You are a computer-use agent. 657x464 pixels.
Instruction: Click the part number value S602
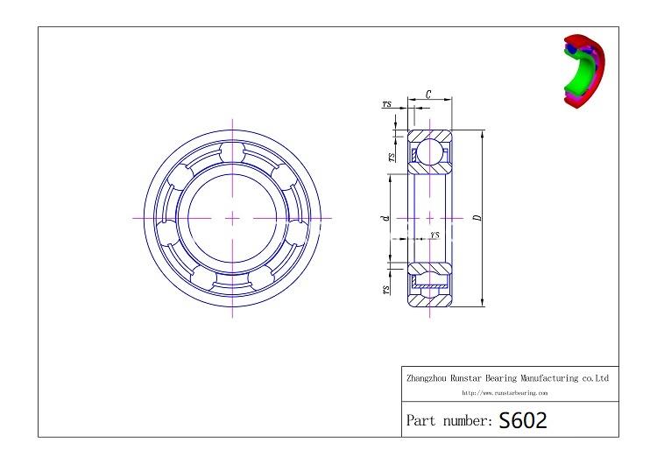click(523, 421)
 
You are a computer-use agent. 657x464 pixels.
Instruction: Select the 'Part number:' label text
click(449, 421)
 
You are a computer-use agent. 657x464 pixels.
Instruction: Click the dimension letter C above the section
click(427, 94)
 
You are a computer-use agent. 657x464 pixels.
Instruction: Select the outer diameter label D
click(477, 217)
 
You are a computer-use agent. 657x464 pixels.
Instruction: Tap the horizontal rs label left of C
click(387, 104)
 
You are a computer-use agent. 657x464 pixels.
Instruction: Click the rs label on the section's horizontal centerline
click(434, 236)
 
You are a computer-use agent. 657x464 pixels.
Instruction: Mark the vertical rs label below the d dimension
click(386, 288)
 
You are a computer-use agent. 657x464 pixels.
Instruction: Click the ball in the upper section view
click(429, 151)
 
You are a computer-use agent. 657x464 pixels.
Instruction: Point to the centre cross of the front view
click(232, 216)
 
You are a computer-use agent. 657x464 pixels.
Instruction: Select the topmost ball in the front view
click(232, 151)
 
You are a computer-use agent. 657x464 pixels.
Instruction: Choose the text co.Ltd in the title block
click(595, 379)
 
